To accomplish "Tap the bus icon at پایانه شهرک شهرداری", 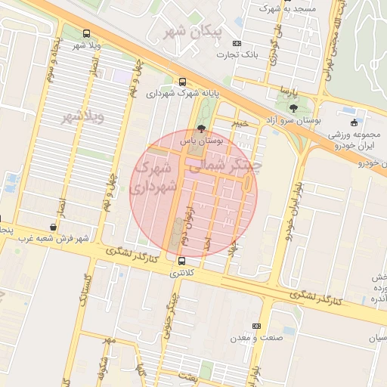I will tap(181, 82).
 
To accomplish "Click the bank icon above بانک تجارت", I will tap(237, 43).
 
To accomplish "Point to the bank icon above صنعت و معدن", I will tap(256, 326).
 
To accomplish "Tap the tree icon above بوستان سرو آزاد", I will tap(293, 109).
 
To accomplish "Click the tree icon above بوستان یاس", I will tap(200, 129).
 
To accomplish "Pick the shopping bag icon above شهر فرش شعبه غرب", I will tap(52, 227).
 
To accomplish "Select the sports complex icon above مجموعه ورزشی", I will tap(353, 123).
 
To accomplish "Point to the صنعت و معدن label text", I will tap(259, 337).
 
